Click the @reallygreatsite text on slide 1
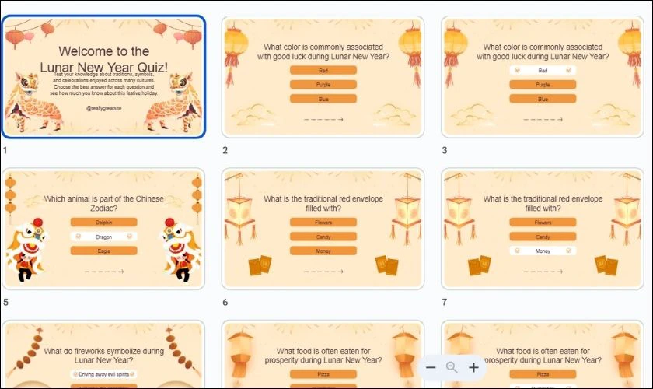104,110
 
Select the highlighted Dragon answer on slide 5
103,237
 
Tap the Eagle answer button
103,251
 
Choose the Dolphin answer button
103,222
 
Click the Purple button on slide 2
323,85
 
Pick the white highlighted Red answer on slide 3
543,71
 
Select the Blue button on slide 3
543,99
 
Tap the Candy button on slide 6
323,237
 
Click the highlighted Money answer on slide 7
543,251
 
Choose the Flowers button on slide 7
543,223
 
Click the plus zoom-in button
473,367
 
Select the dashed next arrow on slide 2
323,120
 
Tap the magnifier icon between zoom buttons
452,367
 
